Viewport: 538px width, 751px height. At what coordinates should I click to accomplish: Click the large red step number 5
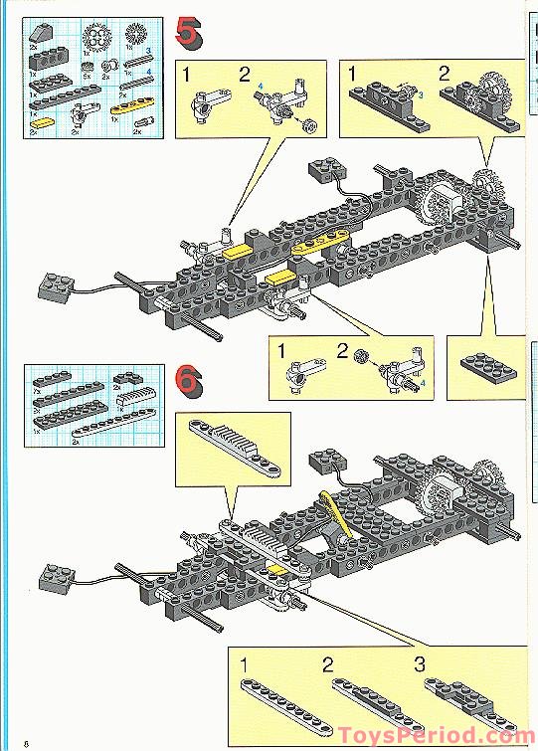click(x=188, y=34)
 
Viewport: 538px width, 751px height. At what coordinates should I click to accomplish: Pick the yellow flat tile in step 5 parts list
click(x=46, y=124)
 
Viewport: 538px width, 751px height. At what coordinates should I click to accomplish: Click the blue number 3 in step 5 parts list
click(x=148, y=49)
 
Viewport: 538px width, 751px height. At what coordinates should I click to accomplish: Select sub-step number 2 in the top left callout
click(x=245, y=75)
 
